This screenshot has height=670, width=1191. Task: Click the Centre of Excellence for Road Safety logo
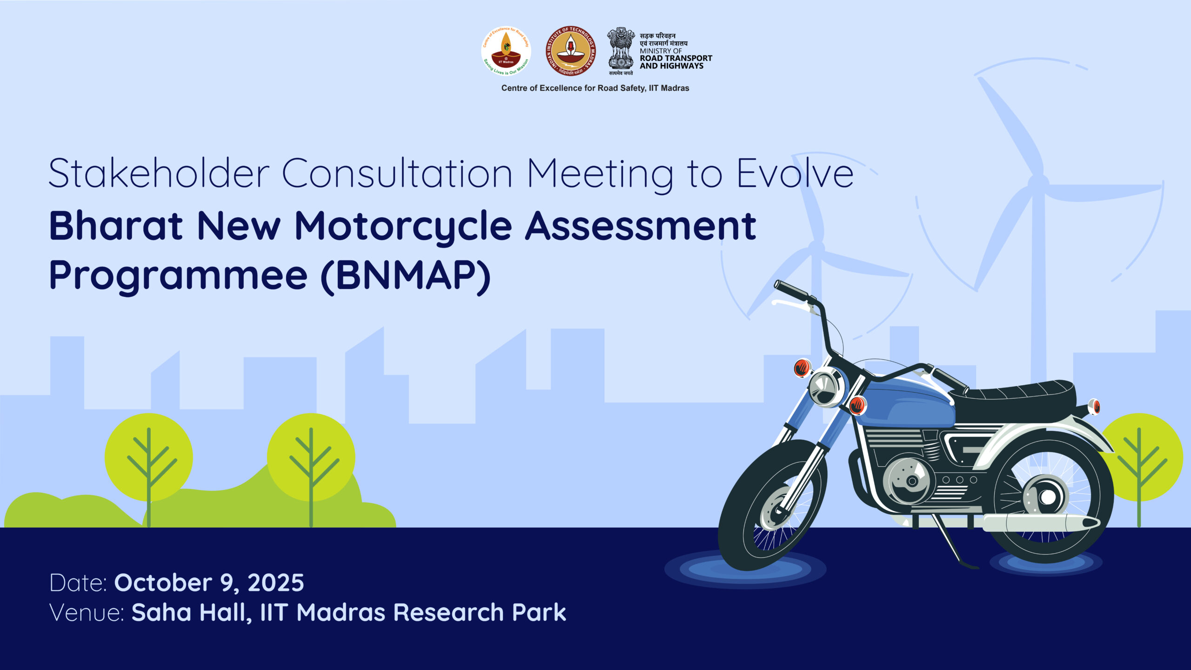(x=506, y=51)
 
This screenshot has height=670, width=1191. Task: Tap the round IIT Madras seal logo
(x=570, y=51)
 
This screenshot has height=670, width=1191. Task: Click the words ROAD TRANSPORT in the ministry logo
(x=676, y=58)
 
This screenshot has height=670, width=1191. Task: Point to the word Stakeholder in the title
(x=159, y=173)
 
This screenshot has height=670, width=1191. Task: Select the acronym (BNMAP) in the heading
(x=406, y=276)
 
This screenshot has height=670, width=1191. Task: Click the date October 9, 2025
(x=209, y=583)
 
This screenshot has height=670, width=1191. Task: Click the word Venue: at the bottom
(x=87, y=613)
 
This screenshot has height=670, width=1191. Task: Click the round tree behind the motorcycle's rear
(x=1142, y=458)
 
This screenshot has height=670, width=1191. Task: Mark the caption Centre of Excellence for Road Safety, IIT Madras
(x=595, y=88)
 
